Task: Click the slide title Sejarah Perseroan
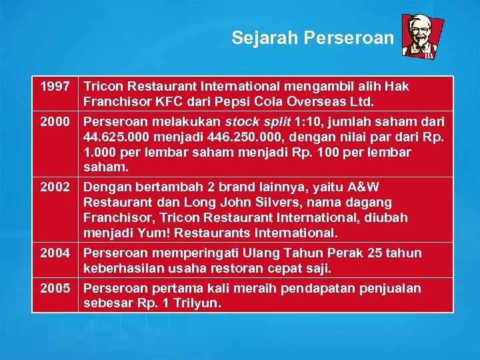point(313,38)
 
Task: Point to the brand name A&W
point(363,187)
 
